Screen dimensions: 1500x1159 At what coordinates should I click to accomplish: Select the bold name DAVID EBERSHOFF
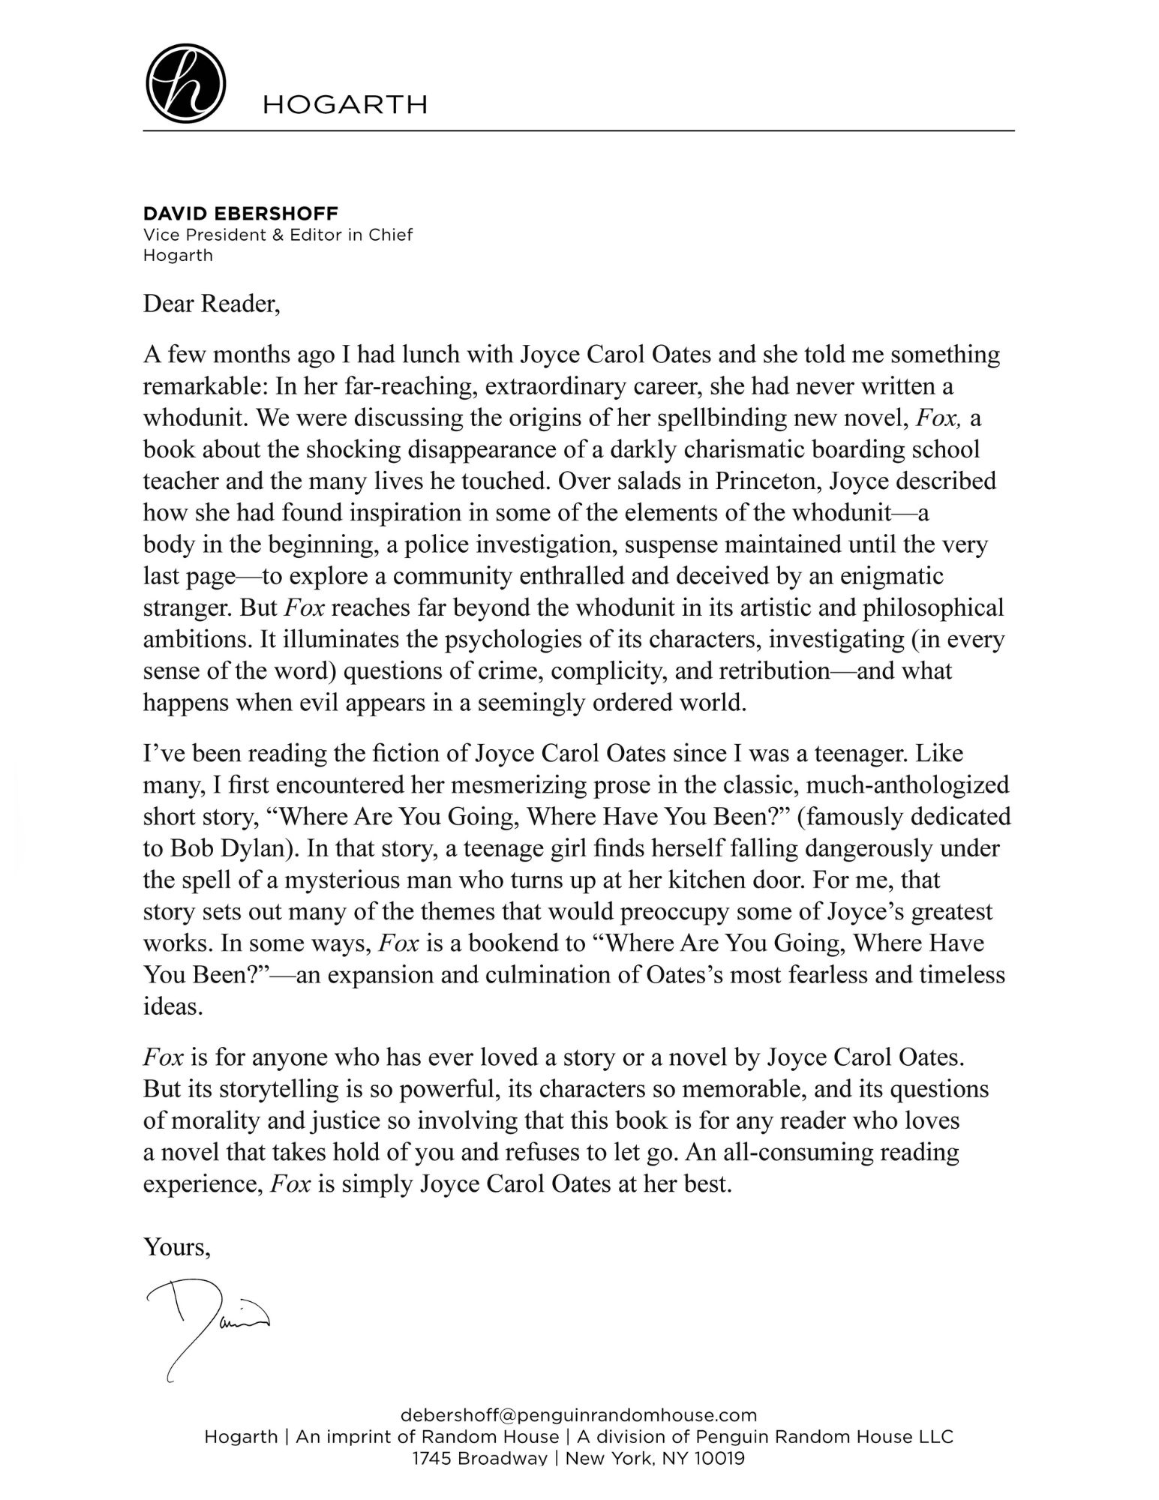point(241,215)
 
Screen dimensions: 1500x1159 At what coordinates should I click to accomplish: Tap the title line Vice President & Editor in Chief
point(278,235)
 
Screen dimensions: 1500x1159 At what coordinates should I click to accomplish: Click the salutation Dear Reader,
point(212,304)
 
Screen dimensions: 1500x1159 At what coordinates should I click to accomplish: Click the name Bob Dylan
point(229,848)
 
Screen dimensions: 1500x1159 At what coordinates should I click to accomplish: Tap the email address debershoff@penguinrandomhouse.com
point(579,1415)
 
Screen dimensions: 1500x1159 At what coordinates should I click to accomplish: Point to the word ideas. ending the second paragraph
point(173,1006)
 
